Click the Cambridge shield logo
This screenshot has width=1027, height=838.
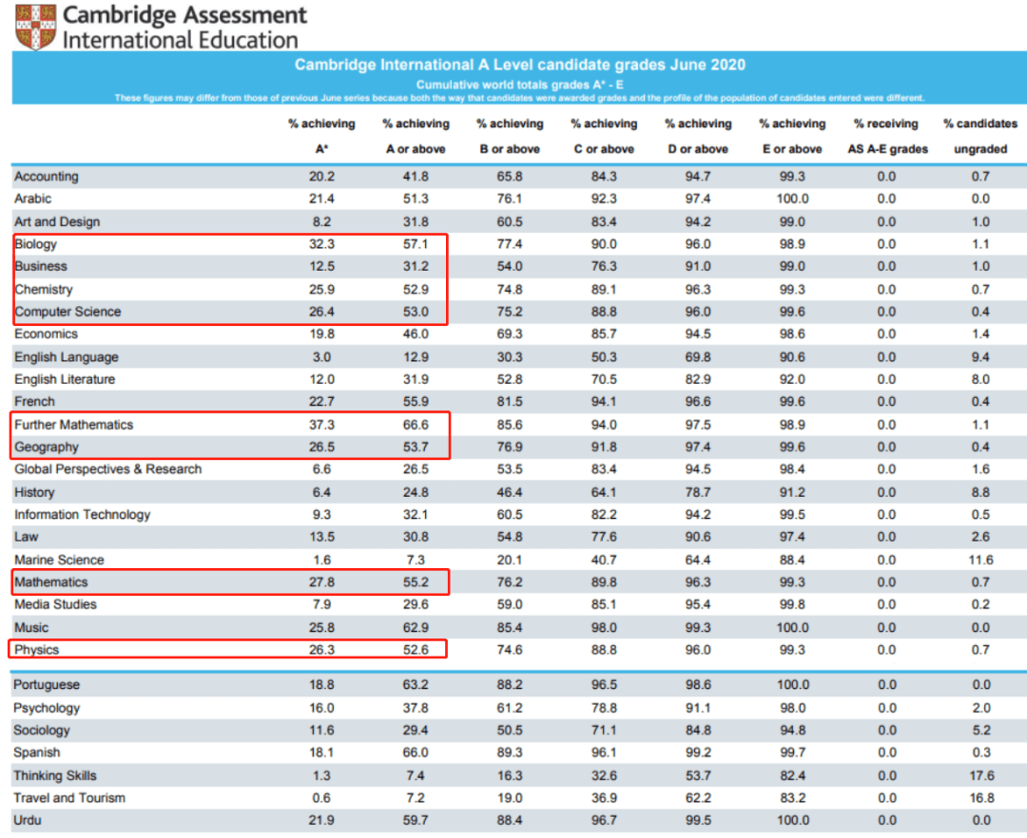(35, 27)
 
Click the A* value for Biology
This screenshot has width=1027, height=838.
(321, 244)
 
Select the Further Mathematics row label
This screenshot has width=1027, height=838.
(73, 425)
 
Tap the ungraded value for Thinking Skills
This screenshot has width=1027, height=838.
(980, 775)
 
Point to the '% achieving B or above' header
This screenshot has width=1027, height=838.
(510, 136)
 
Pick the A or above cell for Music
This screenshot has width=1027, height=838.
(416, 627)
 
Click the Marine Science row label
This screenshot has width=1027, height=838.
(59, 560)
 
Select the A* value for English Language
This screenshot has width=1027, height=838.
(321, 357)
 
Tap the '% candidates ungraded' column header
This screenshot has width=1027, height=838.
(980, 136)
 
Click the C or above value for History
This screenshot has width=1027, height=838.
(604, 492)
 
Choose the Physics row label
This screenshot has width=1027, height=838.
(37, 650)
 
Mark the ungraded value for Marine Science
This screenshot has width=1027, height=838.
(980, 560)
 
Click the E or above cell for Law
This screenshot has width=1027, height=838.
(792, 538)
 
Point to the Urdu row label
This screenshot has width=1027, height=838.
(29, 820)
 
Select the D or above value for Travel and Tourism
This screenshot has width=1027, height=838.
(698, 797)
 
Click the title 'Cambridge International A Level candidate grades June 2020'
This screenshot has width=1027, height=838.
(519, 66)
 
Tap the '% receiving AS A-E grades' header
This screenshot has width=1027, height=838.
(886, 136)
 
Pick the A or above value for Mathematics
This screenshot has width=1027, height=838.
(416, 581)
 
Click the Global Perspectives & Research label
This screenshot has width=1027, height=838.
(107, 469)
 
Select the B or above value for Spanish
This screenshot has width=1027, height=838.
(510, 752)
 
